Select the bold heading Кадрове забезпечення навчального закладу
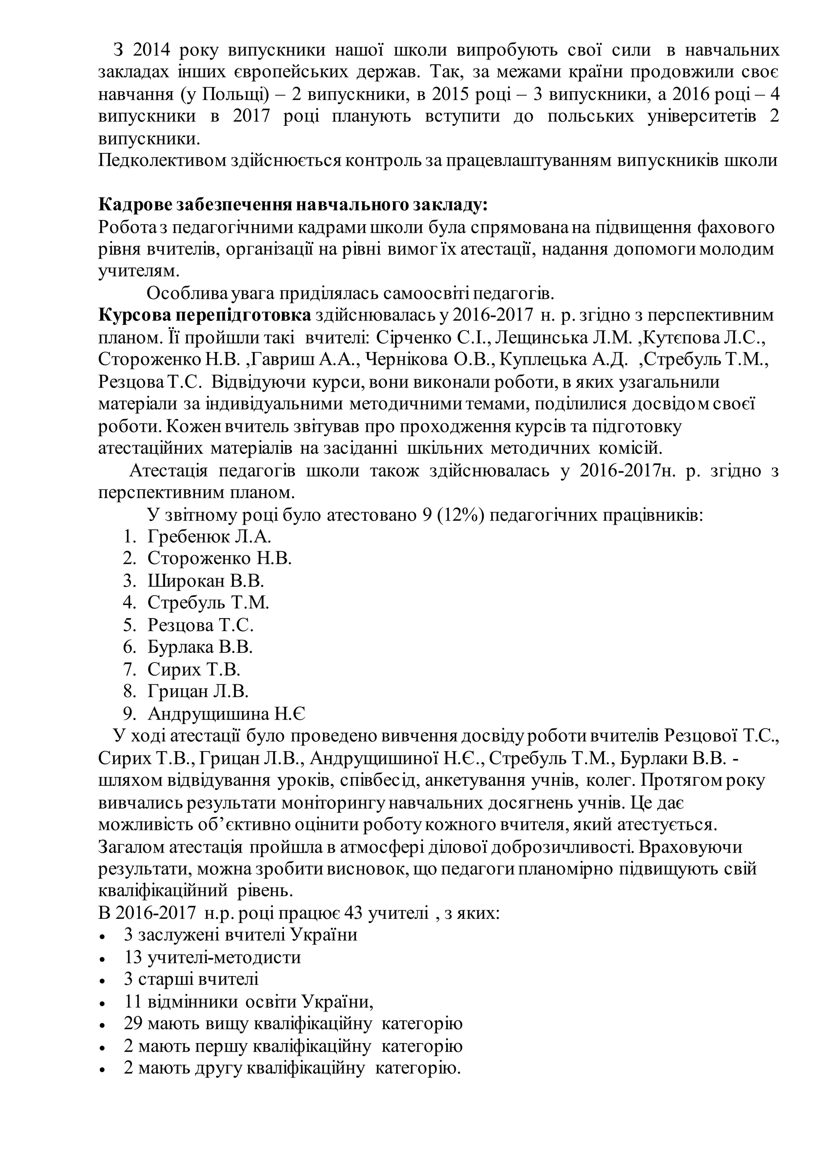(293, 205)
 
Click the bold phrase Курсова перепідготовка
(205, 316)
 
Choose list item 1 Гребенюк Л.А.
(209, 537)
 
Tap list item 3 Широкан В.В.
(206, 581)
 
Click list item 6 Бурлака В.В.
(200, 647)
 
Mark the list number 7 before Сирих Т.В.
(129, 669)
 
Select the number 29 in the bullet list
(133, 1024)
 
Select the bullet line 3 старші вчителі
(191, 979)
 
